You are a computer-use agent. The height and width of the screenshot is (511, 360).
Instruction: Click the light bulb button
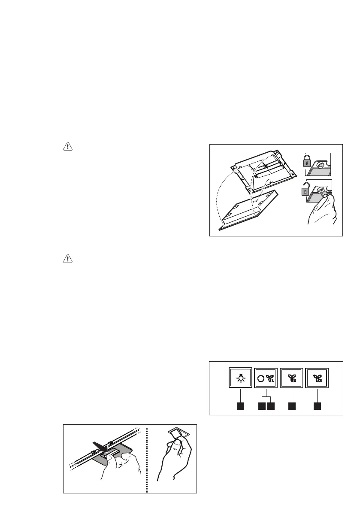[241, 378]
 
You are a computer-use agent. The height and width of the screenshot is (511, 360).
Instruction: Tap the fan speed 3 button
[317, 378]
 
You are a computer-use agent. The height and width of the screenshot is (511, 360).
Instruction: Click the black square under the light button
[241, 405]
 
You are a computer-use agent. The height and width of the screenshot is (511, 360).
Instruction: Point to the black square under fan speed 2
[292, 405]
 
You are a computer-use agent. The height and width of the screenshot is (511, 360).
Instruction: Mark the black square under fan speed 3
[317, 405]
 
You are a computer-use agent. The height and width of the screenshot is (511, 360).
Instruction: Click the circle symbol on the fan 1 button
[260, 378]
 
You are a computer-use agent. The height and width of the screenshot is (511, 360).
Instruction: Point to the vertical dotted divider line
[147, 459]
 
